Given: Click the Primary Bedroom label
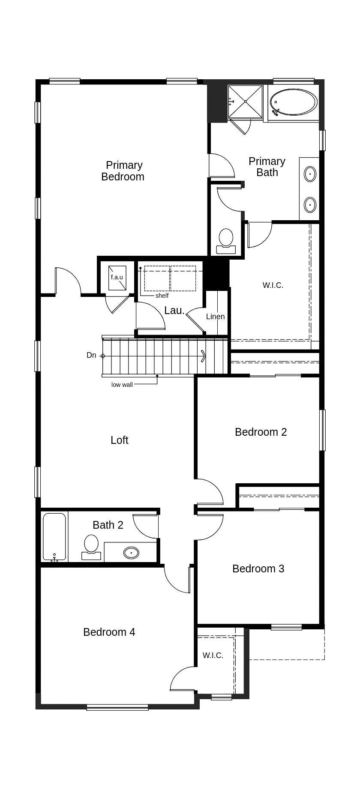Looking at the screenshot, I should pyautogui.click(x=123, y=171).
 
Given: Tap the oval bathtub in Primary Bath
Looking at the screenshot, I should pyautogui.click(x=294, y=102).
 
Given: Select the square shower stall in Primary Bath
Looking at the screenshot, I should pyautogui.click(x=245, y=102).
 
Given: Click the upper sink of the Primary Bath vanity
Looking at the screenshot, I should pyautogui.click(x=310, y=174).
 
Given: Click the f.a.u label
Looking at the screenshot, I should pyautogui.click(x=117, y=277).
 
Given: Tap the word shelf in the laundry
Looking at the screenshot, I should pyautogui.click(x=162, y=296).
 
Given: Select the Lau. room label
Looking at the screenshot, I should pyautogui.click(x=174, y=311).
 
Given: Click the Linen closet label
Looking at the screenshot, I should pyautogui.click(x=215, y=317).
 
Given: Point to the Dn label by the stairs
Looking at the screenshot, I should pyautogui.click(x=91, y=355).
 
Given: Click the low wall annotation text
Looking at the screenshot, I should pyautogui.click(x=122, y=385).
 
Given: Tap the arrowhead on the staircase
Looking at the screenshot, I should pyautogui.click(x=204, y=356).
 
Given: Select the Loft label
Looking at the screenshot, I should pyautogui.click(x=119, y=440).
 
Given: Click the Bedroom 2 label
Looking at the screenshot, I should pyautogui.click(x=261, y=432).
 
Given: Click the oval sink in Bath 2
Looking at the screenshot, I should pyautogui.click(x=131, y=553).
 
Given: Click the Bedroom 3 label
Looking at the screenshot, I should pyautogui.click(x=258, y=569).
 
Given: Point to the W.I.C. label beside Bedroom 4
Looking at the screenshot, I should pyautogui.click(x=213, y=655).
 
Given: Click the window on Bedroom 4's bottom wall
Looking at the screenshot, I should pyautogui.click(x=117, y=707).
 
